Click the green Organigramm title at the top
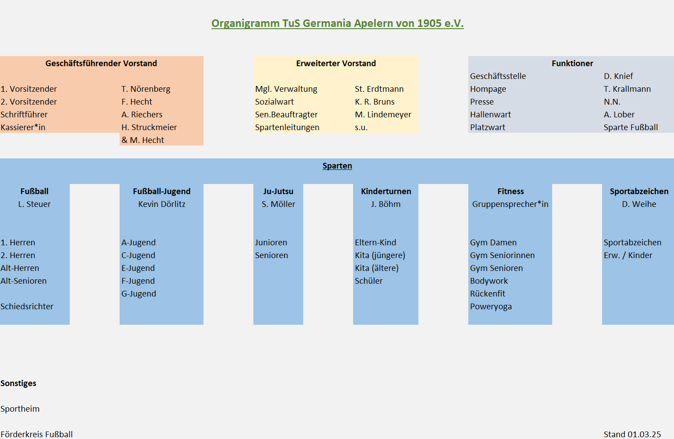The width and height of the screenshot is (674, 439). tap(337, 23)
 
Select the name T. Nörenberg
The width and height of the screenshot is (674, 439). tap(146, 89)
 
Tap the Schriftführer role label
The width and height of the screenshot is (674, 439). tap(24, 115)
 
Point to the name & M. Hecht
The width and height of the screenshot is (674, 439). tap(143, 140)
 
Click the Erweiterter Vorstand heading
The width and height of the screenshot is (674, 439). tap(336, 64)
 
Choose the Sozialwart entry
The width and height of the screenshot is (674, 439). tap(275, 102)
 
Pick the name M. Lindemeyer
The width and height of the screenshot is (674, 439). tap(383, 115)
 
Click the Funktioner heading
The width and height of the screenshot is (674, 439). tap(572, 64)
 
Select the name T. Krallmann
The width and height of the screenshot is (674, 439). tap(627, 89)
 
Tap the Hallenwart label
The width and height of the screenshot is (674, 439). tap(490, 115)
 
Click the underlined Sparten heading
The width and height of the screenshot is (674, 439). tap(337, 166)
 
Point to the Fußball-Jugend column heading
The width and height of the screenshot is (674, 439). tap(162, 191)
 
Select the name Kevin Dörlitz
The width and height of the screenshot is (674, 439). tap(162, 204)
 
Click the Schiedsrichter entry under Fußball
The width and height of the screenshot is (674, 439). tap(27, 306)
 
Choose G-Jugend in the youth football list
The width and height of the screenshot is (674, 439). tap(139, 294)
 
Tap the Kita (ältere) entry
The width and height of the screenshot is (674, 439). tap(377, 268)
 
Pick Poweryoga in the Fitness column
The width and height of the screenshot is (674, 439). tap(491, 307)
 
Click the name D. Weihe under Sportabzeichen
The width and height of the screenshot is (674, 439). tap(639, 204)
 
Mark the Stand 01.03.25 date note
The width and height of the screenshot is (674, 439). tap(632, 435)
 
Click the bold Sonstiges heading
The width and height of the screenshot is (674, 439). tap(19, 383)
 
